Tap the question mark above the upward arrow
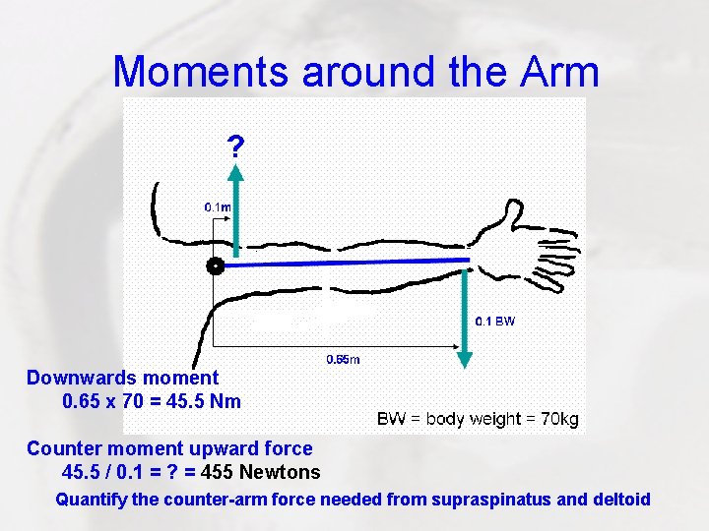point(235,147)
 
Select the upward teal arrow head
point(236,174)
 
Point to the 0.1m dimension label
point(219,207)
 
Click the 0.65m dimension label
point(343,359)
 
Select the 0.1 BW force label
point(495,321)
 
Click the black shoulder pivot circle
point(215,265)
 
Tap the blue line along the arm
point(345,263)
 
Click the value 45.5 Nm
point(200,401)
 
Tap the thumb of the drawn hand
point(511,210)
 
